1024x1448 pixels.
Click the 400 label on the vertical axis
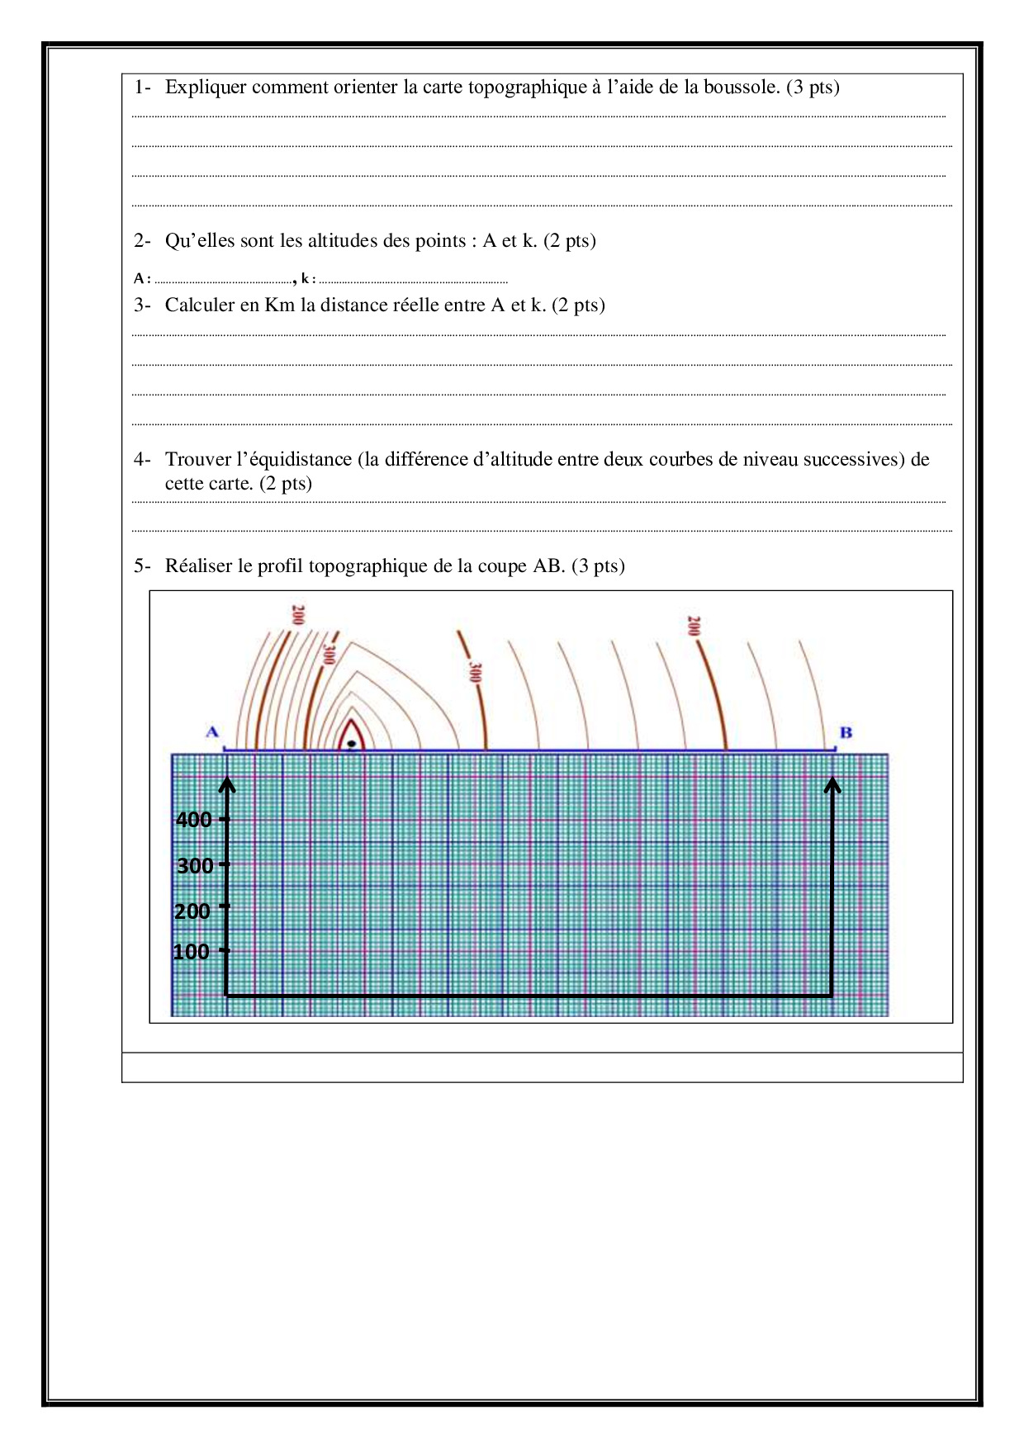point(194,820)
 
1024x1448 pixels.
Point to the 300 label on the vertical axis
point(195,866)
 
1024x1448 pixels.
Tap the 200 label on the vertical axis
point(192,911)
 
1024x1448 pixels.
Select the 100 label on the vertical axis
point(191,952)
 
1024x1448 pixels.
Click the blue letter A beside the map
point(212,732)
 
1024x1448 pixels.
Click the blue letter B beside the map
point(846,732)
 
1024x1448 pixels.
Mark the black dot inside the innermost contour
point(352,744)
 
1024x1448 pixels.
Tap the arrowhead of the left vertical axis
point(228,784)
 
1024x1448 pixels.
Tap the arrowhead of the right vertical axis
point(832,784)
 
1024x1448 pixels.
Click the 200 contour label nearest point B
point(694,626)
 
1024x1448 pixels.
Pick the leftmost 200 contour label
point(298,616)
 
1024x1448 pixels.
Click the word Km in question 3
point(279,305)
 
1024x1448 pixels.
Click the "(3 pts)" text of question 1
point(813,88)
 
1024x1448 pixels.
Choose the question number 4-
point(142,460)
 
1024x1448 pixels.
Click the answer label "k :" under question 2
point(308,279)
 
